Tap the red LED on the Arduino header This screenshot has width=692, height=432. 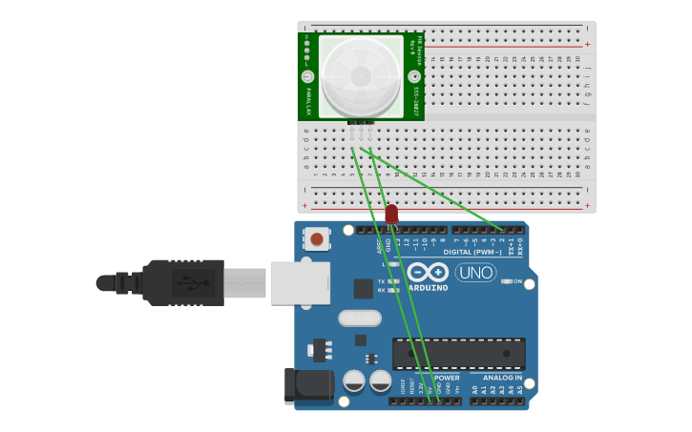coord(391,215)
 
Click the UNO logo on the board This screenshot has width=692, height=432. coord(475,273)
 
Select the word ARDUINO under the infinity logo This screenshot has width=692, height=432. coord(428,287)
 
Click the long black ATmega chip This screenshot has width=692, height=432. coord(458,353)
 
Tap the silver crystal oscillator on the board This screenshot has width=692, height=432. coord(359,318)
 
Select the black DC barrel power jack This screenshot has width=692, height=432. coord(308,385)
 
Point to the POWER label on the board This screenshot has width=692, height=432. coord(447,378)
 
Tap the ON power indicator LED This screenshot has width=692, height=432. coord(506,281)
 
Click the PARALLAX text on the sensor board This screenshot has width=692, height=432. coord(307,99)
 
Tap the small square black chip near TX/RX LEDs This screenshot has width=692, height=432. coord(363,288)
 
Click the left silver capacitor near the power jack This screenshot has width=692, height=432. coord(353,381)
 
